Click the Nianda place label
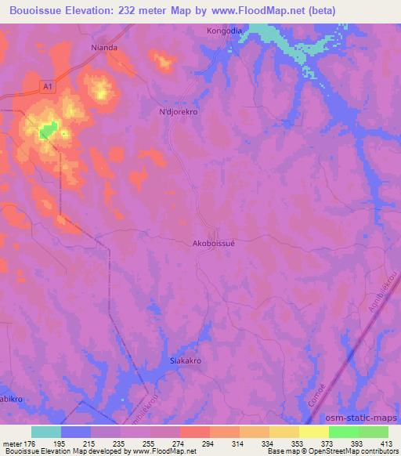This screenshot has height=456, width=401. click(x=104, y=47)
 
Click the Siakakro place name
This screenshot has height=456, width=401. click(x=186, y=361)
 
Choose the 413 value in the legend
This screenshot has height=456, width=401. click(x=387, y=443)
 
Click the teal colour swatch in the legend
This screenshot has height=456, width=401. click(x=46, y=432)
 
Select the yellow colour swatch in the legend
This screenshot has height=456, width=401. click(x=313, y=432)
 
